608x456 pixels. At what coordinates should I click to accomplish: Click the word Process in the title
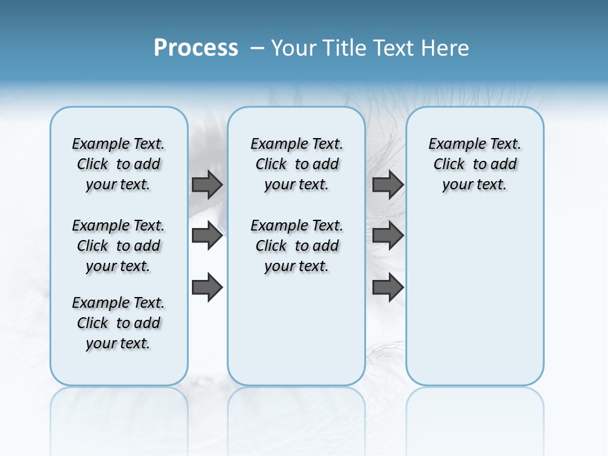[196, 48]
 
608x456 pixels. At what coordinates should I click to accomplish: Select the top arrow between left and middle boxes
[207, 184]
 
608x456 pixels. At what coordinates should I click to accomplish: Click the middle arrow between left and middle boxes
[207, 236]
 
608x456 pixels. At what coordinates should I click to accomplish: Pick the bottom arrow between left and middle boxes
[207, 288]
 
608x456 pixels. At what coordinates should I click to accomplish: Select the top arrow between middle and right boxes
[388, 184]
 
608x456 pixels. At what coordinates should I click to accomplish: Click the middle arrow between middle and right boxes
[388, 236]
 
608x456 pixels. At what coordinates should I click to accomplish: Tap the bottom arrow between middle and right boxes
[388, 288]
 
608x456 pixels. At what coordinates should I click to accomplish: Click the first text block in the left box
[118, 164]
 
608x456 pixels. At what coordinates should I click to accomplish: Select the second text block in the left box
[118, 246]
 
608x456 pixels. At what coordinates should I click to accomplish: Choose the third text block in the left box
[118, 323]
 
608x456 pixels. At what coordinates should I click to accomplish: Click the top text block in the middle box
[296, 164]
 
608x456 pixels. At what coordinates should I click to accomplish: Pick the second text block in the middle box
[296, 246]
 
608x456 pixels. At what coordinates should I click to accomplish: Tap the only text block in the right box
[474, 164]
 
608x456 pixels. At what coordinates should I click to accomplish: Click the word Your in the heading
[294, 48]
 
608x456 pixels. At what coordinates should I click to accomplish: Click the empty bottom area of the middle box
[296, 336]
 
